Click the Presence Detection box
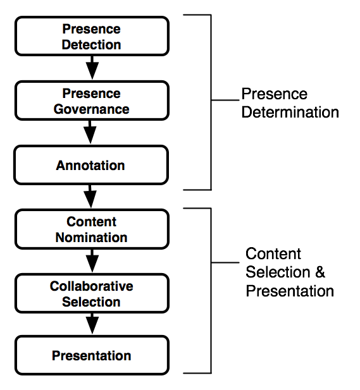92,36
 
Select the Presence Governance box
92,101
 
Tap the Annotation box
91,165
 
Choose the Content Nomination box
92,229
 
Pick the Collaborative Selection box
92,293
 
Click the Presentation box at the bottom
92,355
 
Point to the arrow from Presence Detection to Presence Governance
92,68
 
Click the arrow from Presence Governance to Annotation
90,132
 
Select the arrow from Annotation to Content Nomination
90,197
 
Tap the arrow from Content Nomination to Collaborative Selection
92,261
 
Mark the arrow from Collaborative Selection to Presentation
92,324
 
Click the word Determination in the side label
290,112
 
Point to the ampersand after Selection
320,272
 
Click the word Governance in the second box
91,109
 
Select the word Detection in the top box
91,45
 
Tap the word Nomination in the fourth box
91,238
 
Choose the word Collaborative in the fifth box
91,286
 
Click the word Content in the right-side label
273,253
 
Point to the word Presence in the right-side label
275,94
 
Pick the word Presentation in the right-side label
290,291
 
